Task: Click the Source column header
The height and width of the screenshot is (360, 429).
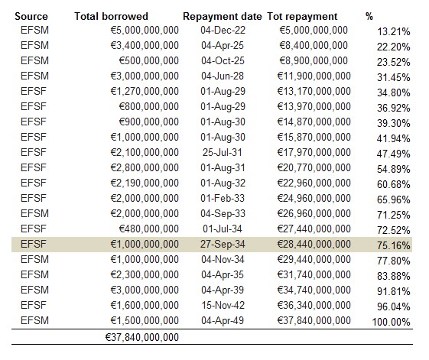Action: tap(31, 16)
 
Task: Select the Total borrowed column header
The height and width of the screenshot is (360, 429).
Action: tap(111, 16)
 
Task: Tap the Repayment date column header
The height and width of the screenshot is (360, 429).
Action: tap(223, 17)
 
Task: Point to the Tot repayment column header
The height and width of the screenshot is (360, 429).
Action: tap(302, 17)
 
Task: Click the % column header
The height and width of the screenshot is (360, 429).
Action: tap(369, 16)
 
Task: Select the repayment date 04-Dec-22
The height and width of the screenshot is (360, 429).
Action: tap(223, 30)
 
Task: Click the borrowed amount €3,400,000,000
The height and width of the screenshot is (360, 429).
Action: tap(145, 45)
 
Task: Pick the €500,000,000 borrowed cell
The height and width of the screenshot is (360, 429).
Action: tap(148, 60)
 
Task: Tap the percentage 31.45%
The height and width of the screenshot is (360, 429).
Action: tap(393, 78)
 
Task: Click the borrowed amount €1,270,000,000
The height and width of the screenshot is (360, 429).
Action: tap(145, 92)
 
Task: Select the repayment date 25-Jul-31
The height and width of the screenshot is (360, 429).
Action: tap(223, 152)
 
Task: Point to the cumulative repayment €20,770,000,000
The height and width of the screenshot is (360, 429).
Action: tap(314, 167)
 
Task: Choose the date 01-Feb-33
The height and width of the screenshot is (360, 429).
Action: tap(223, 198)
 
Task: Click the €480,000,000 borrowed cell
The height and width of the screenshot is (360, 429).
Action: tap(148, 229)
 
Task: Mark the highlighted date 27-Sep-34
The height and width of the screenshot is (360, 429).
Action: tap(223, 244)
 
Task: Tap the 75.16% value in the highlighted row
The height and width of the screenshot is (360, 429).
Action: tap(393, 245)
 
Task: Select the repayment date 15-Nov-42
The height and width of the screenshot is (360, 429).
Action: tap(223, 305)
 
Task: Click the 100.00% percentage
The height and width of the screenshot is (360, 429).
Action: tap(391, 323)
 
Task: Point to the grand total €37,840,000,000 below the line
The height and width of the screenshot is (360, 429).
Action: tap(141, 338)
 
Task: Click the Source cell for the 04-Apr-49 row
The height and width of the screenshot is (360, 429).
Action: tap(34, 320)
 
